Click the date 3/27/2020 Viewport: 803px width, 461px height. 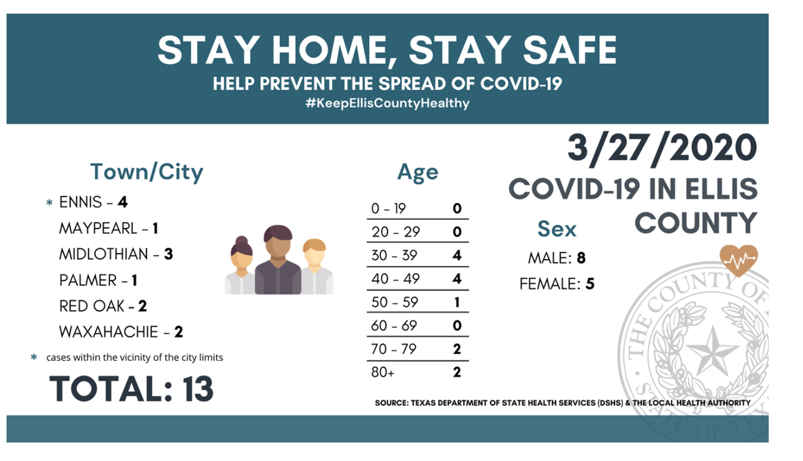(x=662, y=149)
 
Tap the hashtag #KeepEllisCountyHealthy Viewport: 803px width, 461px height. (x=388, y=103)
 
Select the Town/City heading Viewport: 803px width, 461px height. (x=146, y=172)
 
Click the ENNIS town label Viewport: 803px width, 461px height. (x=81, y=202)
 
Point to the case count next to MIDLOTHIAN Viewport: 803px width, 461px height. (x=168, y=254)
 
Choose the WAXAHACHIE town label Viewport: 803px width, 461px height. (x=108, y=332)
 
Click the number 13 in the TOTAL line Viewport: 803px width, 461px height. (x=198, y=389)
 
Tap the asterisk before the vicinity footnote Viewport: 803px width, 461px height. (x=34, y=356)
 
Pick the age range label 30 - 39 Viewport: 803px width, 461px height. (x=394, y=256)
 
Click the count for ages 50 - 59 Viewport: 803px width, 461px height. (x=457, y=302)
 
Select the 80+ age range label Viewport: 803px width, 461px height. (x=383, y=372)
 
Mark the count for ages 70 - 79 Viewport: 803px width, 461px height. (x=457, y=349)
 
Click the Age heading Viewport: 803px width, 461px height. (x=418, y=173)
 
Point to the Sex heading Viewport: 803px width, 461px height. (x=557, y=229)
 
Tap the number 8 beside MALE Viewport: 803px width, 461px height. (x=581, y=258)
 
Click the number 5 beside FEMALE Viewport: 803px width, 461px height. (x=590, y=284)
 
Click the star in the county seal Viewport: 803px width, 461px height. (x=713, y=349)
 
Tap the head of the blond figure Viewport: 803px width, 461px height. (x=314, y=252)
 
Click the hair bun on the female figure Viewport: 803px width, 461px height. (x=241, y=240)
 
